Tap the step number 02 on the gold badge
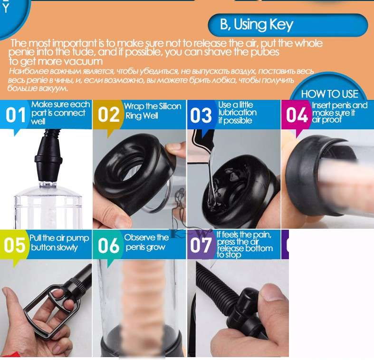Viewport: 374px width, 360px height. pyautogui.click(x=108, y=115)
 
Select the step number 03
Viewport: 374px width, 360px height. pyautogui.click(x=201, y=115)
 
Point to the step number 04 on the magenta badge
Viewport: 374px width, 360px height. pyautogui.click(x=297, y=115)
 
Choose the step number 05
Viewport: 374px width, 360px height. pyautogui.click(x=14, y=245)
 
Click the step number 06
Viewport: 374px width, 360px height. pyautogui.click(x=108, y=245)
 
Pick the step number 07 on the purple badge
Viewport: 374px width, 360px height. pyautogui.click(x=201, y=245)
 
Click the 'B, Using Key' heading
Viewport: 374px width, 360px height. pyautogui.click(x=257, y=25)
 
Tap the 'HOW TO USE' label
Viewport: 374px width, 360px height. pyautogui.click(x=329, y=94)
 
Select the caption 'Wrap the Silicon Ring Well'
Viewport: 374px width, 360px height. pyautogui.click(x=153, y=110)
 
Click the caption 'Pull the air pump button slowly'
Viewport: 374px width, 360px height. pyautogui.click(x=59, y=243)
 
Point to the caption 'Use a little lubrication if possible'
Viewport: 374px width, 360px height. pyautogui.click(x=237, y=113)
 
